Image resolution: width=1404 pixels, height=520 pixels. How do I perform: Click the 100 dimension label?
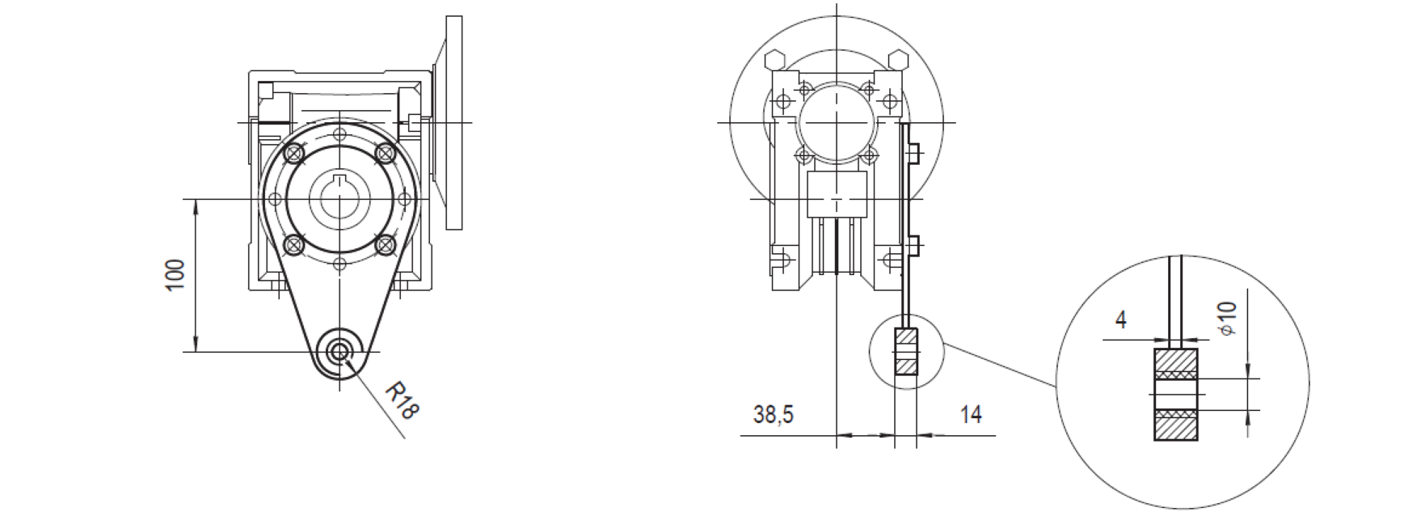click(x=175, y=275)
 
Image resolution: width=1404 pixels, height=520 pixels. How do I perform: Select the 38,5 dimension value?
click(x=774, y=415)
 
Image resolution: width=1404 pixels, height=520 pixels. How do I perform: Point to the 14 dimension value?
click(x=971, y=415)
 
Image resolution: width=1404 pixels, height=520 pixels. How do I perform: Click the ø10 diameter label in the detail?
click(x=1227, y=318)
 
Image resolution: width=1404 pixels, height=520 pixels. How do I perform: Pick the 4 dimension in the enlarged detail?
click(x=1120, y=320)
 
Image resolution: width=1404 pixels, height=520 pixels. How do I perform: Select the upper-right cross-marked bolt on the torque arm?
click(x=386, y=154)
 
